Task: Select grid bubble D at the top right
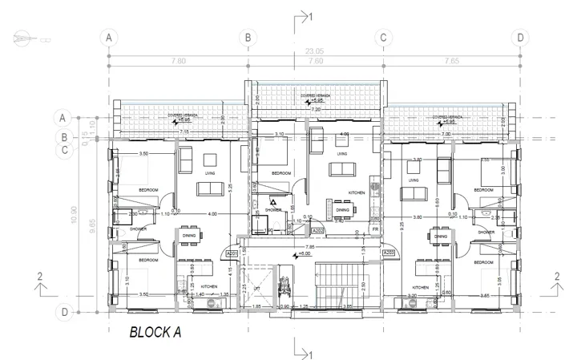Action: tap(520, 37)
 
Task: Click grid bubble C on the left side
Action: tap(65, 148)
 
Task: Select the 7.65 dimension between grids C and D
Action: tap(451, 61)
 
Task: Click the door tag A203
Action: tap(389, 253)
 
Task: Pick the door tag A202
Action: tap(318, 231)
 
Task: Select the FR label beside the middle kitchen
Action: tap(375, 229)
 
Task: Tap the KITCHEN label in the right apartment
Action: tap(423, 287)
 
